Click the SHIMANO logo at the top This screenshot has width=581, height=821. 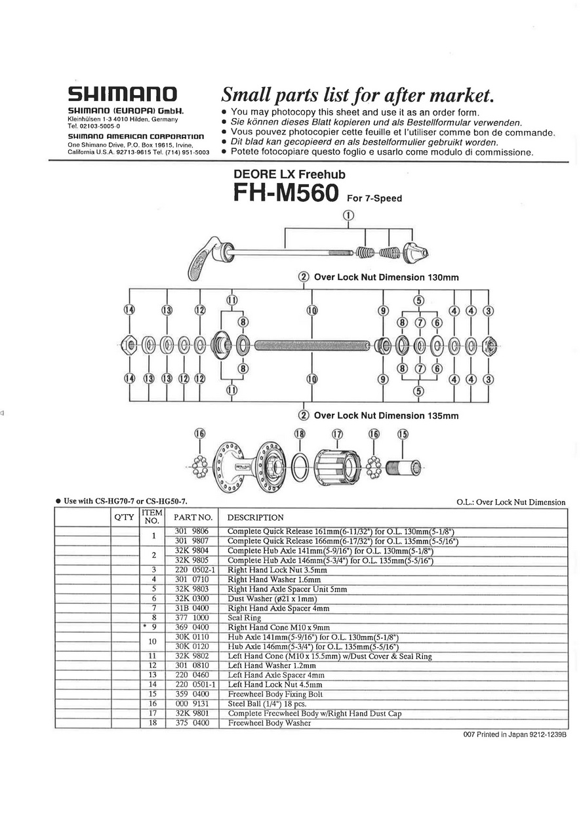point(123,94)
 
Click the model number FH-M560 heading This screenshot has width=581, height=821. point(286,193)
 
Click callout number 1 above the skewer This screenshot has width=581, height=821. point(348,216)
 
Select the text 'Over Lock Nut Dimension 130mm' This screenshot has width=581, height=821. point(386,277)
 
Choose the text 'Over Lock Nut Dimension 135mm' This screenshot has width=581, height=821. point(386,416)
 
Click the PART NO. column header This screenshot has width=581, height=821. point(193,517)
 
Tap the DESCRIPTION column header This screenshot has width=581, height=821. point(255,517)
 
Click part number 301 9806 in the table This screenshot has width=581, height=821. point(191,531)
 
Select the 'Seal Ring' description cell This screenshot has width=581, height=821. point(244,618)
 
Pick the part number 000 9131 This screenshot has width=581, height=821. point(191,704)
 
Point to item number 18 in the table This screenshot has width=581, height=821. point(153,723)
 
